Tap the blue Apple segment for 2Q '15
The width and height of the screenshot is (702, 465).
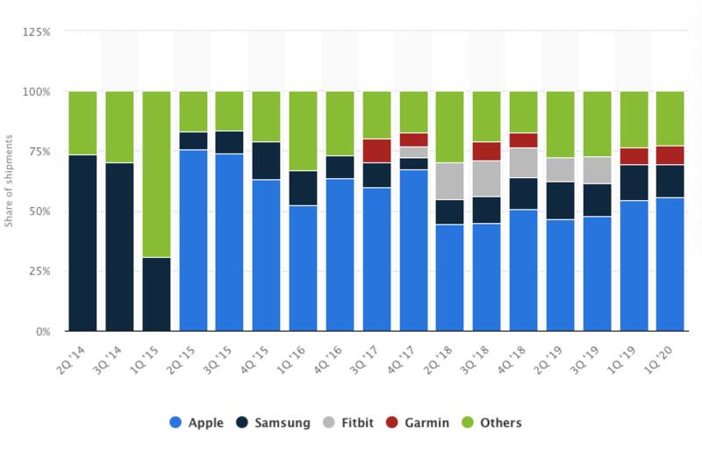(193, 240)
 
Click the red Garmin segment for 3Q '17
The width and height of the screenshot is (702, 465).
(377, 151)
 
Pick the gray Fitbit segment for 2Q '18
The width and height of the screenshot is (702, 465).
(449, 181)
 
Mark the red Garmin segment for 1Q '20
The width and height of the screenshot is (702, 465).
(670, 155)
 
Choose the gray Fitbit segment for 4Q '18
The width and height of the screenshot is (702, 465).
(524, 162)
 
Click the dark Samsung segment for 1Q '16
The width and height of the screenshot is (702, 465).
(304, 188)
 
